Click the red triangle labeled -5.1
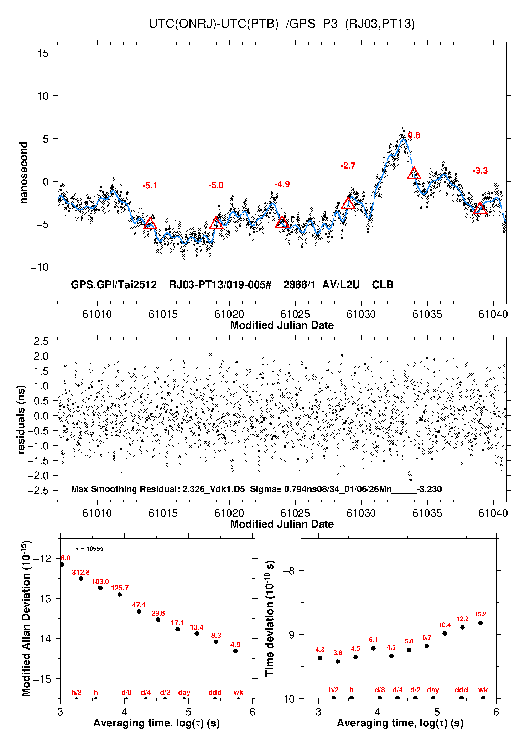[150, 224]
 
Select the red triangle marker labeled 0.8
[414, 174]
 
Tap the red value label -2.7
[348, 166]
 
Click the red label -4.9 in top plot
[282, 184]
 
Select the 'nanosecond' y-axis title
[24, 173]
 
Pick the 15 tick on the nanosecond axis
[43, 53]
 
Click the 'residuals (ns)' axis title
[21, 419]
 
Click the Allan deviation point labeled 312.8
[81, 579]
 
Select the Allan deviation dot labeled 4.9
[235, 651]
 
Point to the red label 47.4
[139, 605]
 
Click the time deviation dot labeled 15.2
[480, 623]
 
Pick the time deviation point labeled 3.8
[338, 661]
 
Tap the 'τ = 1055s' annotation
[90, 549]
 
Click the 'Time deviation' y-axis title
[270, 618]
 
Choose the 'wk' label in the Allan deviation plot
[238, 692]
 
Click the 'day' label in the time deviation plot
[433, 690]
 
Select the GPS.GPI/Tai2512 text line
[262, 285]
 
